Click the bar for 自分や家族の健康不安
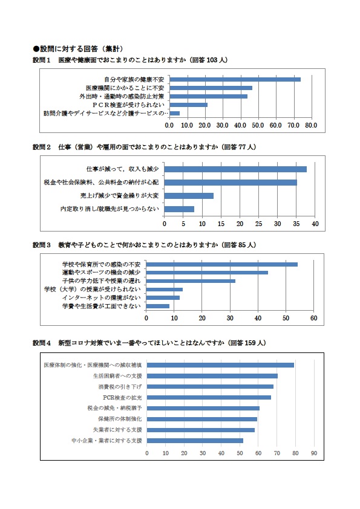point(235,80)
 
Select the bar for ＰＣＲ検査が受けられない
point(188,105)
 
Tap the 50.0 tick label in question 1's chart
point(258,125)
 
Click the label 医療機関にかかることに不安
point(125,88)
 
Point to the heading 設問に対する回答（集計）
point(78,49)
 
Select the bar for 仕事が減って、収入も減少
point(235,169)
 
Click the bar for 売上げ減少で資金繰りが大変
point(189,196)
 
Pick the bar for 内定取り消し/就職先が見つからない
point(179,209)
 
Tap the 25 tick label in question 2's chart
point(258,224)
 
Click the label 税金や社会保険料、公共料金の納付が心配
point(102,183)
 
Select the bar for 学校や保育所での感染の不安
point(221,265)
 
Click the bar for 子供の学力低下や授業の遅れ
point(191,281)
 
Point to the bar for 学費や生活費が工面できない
point(157,306)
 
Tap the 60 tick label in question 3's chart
point(314,318)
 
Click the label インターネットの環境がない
point(102,297)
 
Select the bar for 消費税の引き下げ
point(210,387)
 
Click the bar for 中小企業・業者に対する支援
point(195,441)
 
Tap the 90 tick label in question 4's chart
point(314,453)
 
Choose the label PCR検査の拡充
point(122,398)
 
